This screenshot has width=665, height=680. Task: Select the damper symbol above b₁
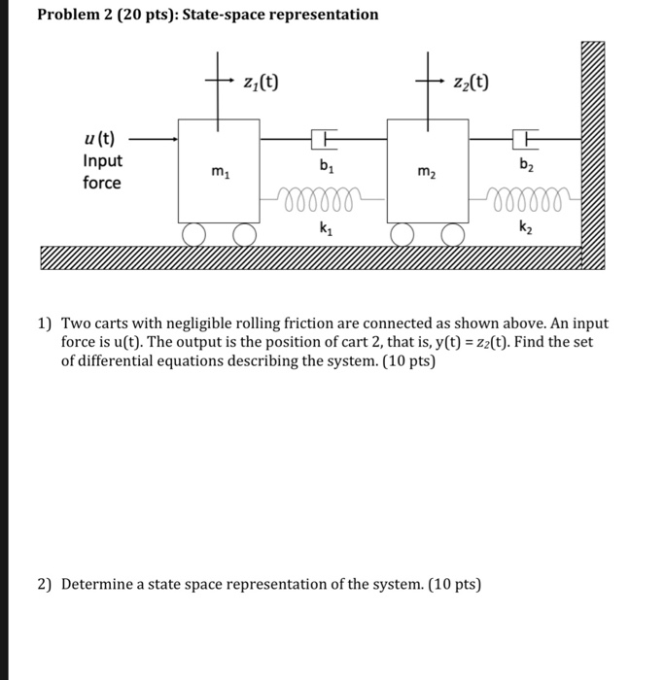[324, 141]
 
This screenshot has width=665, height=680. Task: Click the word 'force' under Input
[102, 183]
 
